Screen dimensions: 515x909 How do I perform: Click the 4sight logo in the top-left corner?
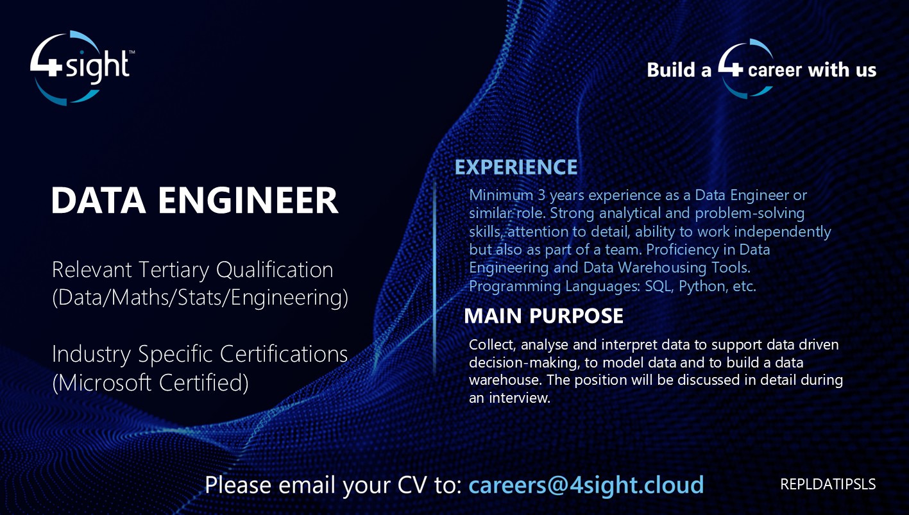coord(81,67)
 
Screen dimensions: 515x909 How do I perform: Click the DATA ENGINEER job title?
coord(194,201)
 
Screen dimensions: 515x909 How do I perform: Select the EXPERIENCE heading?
coord(516,167)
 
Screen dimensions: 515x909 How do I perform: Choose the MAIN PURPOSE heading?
coord(543,316)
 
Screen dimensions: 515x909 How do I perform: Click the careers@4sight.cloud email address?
coord(586,485)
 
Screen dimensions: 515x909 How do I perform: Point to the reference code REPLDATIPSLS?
coord(828,484)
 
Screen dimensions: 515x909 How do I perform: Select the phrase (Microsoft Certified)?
coord(150,383)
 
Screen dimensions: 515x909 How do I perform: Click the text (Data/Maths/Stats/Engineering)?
coord(200,298)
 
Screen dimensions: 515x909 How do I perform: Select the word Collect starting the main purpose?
coord(489,344)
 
